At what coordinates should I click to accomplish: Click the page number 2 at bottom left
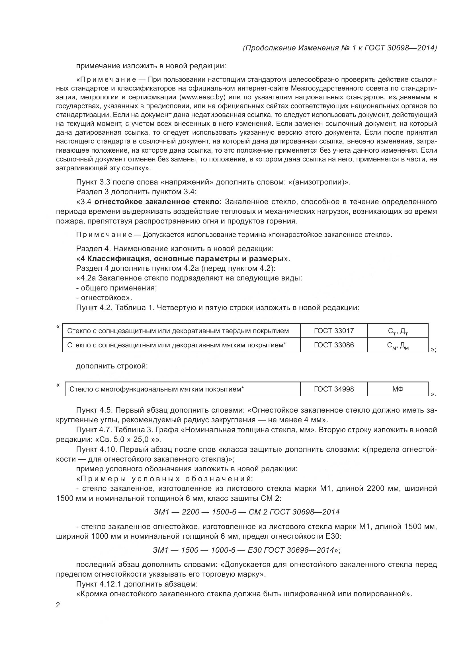tap(58, 605)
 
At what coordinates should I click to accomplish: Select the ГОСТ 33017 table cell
tap(334, 331)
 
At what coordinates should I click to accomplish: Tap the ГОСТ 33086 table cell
tap(334, 345)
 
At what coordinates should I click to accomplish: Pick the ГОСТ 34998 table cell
tap(334, 389)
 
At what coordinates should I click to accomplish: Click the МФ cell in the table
tap(398, 389)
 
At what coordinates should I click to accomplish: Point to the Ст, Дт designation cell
tap(398, 331)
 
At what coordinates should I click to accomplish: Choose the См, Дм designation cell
tap(398, 345)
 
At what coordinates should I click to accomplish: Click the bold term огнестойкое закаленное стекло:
tap(158, 202)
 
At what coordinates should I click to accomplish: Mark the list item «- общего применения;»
tap(116, 288)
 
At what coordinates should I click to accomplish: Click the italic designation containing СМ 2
tap(247, 512)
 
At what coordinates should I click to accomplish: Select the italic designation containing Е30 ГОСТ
tap(246, 550)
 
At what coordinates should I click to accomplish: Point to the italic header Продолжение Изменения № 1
tap(340, 48)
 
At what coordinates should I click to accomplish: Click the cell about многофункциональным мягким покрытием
tap(157, 389)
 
